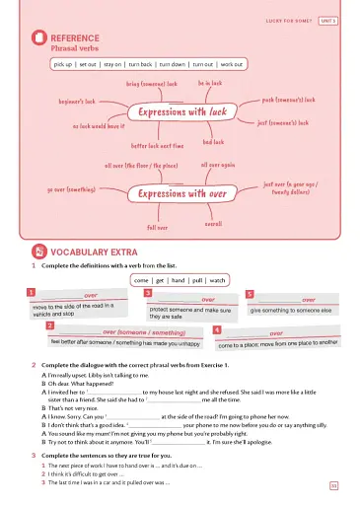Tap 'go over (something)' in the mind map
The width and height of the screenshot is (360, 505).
click(x=71, y=189)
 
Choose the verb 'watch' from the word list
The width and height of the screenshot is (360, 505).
click(x=219, y=280)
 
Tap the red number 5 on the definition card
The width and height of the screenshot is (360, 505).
click(x=250, y=294)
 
